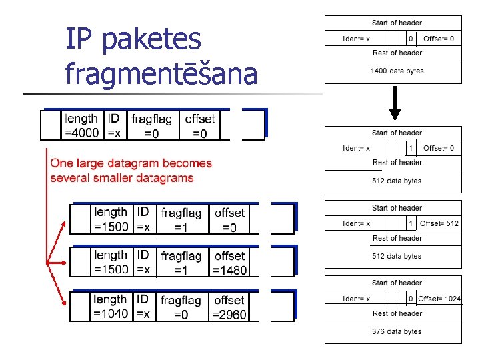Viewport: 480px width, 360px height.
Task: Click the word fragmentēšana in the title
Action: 161,73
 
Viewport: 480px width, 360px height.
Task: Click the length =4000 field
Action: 81,125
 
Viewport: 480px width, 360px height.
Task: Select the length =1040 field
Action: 111,307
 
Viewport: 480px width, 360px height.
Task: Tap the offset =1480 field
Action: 229,263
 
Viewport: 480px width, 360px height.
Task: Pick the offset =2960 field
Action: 229,307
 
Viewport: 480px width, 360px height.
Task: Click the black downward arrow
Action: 395,105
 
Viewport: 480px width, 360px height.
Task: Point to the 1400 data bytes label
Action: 397,71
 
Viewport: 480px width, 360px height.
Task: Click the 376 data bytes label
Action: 397,331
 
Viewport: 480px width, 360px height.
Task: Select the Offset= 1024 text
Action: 439,299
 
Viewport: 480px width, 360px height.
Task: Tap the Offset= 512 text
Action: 439,223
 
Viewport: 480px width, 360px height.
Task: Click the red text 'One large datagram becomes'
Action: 131,163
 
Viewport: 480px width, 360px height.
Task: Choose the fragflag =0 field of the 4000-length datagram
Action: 151,125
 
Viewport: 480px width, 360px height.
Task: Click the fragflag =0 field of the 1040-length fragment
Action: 181,307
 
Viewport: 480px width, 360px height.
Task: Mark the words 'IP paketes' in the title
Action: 133,39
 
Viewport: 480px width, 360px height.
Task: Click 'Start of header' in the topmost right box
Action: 397,23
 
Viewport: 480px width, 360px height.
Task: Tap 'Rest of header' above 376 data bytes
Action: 397,313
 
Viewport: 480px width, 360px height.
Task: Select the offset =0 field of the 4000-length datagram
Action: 200,125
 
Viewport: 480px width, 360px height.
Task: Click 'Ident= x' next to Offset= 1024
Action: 356,299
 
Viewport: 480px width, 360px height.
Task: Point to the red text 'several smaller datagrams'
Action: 122,178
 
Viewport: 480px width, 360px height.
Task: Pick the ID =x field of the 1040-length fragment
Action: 143,307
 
